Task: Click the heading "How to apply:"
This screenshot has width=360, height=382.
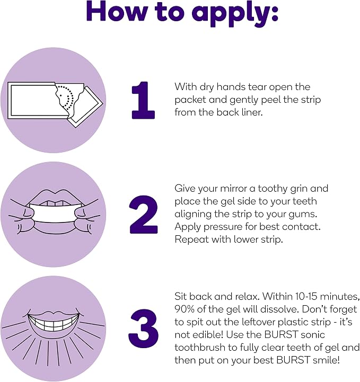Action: (182, 12)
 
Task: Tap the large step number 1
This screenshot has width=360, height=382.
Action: (143, 100)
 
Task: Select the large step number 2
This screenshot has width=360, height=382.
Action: (144, 215)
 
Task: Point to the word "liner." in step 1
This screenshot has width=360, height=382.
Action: (253, 112)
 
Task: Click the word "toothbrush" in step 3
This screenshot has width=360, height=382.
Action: (200, 348)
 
